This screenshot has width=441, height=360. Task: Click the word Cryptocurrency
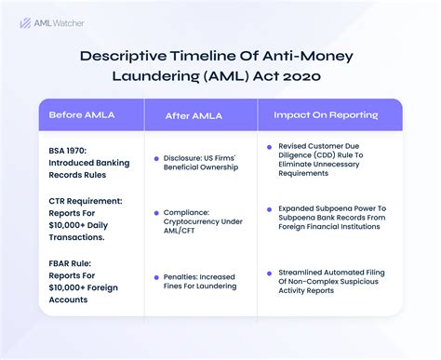click(x=201, y=221)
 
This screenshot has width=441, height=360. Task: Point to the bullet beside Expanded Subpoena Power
click(x=268, y=209)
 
